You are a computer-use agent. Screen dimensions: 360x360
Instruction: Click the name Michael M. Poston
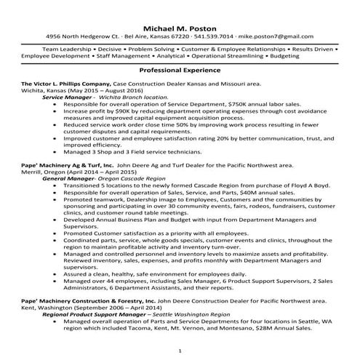180,24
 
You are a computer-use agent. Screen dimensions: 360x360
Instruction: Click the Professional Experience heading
180,70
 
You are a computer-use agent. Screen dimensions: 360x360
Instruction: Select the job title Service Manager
68,96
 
